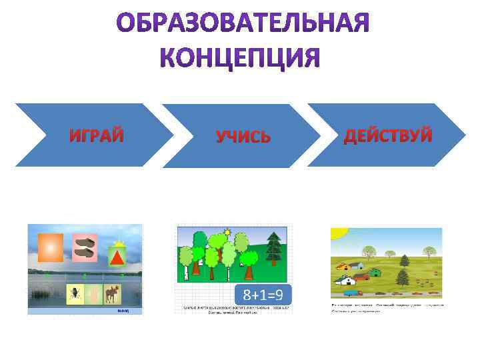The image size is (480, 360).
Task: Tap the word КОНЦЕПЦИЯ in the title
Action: (x=240, y=59)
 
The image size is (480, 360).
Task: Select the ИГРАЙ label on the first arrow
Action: (x=97, y=136)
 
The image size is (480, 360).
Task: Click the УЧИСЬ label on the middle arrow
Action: (x=243, y=137)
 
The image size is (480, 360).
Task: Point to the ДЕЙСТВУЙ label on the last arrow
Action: (x=387, y=136)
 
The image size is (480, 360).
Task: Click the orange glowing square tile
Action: (x=50, y=247)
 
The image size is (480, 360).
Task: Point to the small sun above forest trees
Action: (x=227, y=232)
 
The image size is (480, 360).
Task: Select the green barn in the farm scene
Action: (x=375, y=271)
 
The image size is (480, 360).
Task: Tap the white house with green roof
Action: (x=359, y=265)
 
